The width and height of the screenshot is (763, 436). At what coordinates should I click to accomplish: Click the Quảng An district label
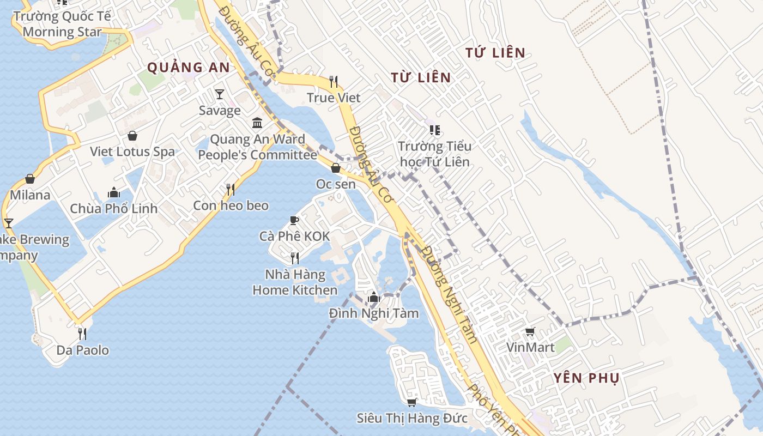click(x=189, y=68)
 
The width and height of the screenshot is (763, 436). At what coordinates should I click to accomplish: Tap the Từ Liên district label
click(x=421, y=77)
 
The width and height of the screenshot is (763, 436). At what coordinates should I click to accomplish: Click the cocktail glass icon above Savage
click(x=220, y=94)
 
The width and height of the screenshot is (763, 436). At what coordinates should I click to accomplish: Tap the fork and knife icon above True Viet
click(x=334, y=82)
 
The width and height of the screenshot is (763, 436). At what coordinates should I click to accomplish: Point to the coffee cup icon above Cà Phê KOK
click(x=294, y=220)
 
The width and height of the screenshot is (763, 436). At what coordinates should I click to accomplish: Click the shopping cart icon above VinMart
click(x=530, y=331)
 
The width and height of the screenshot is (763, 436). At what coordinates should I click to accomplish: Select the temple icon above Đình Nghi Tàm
click(x=373, y=297)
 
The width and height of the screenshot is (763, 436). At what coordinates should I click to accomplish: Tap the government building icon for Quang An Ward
click(x=257, y=123)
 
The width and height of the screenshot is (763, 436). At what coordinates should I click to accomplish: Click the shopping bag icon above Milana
click(x=30, y=179)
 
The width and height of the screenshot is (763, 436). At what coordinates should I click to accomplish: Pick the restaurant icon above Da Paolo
click(x=82, y=334)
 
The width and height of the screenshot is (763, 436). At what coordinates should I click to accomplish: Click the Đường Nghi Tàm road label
click(x=450, y=294)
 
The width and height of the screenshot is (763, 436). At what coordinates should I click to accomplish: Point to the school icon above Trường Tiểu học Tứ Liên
click(x=434, y=130)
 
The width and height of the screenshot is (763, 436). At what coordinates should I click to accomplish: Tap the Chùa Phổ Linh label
click(x=113, y=208)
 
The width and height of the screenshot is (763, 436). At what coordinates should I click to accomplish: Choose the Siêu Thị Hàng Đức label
click(x=412, y=418)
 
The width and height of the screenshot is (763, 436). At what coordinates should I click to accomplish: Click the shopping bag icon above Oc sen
click(x=336, y=168)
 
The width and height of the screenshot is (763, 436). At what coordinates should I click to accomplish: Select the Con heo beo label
click(x=231, y=205)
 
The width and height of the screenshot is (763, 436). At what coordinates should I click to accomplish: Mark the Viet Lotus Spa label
click(x=132, y=152)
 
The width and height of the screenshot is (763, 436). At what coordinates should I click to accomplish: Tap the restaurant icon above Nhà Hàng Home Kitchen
click(x=294, y=258)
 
